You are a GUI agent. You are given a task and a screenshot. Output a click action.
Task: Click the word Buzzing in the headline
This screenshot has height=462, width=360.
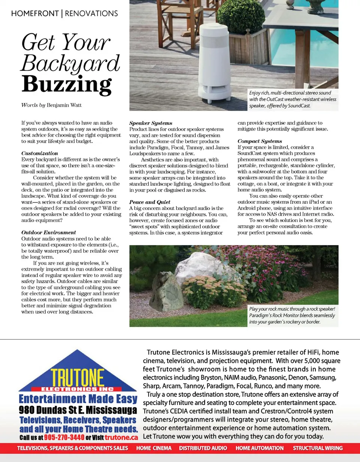[66, 84]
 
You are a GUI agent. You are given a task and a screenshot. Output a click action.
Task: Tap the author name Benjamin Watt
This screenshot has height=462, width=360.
[64, 105]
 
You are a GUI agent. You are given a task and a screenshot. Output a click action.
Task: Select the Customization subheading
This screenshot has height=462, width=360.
[40, 153]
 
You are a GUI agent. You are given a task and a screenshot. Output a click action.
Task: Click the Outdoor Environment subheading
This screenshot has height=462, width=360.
[49, 232]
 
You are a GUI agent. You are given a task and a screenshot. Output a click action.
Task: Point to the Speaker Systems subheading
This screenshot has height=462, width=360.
[151, 123]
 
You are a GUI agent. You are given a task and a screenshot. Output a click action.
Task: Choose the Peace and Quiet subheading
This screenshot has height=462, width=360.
[150, 202]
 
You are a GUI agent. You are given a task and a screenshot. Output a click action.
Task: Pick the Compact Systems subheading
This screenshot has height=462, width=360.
[260, 141]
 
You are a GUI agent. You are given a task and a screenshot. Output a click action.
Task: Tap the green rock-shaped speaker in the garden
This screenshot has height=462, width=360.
[166, 291]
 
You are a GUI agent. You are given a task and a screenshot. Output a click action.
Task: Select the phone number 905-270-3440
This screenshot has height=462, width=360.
[64, 438]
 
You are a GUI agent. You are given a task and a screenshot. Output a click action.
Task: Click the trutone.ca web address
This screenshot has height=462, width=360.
[121, 438]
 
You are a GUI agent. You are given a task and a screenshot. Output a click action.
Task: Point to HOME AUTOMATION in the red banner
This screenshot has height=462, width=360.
[259, 448]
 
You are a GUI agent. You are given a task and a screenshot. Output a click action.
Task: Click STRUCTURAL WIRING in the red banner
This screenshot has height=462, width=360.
[318, 448]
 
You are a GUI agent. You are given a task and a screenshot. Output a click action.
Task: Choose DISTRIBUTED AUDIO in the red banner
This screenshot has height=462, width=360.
[203, 448]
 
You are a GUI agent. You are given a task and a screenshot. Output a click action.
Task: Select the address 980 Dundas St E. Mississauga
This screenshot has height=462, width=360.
[78, 409]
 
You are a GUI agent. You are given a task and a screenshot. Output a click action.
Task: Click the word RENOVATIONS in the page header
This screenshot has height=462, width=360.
[91, 14]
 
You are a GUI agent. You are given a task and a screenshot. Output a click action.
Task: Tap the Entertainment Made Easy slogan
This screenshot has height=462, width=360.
[78, 399]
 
